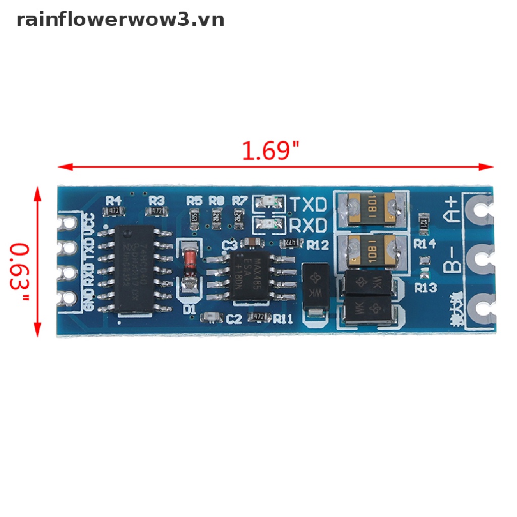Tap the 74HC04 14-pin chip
click(135, 269)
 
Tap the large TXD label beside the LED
click(308, 204)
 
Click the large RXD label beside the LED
click(308, 225)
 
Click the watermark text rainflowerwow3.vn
click(120, 20)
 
